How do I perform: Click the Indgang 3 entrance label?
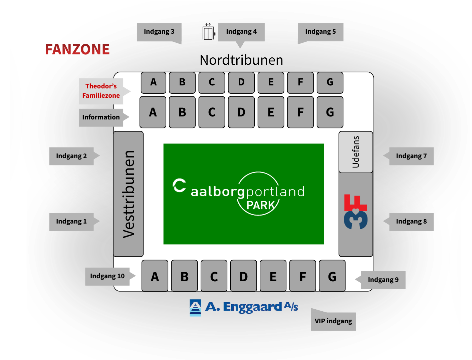(x=159, y=32)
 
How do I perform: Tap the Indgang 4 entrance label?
(x=241, y=32)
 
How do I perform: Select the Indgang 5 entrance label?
(x=320, y=32)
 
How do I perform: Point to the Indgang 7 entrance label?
(x=411, y=156)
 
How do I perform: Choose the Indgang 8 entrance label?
(x=411, y=222)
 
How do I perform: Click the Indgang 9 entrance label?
(x=383, y=280)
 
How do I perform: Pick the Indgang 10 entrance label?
(x=107, y=276)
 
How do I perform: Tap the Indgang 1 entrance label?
(x=71, y=222)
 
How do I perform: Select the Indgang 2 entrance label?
(x=71, y=156)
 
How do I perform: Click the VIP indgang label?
(x=333, y=321)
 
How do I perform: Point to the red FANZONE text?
(x=77, y=50)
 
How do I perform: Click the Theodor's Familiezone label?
(x=101, y=91)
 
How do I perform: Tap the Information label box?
(x=101, y=117)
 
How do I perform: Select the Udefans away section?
(x=356, y=152)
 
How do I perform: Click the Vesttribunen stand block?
(x=129, y=194)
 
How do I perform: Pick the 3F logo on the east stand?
(x=356, y=212)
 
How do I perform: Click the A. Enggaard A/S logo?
(x=244, y=307)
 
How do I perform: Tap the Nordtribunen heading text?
(x=241, y=60)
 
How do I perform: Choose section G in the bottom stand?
(x=332, y=276)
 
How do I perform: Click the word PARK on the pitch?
(x=261, y=205)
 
